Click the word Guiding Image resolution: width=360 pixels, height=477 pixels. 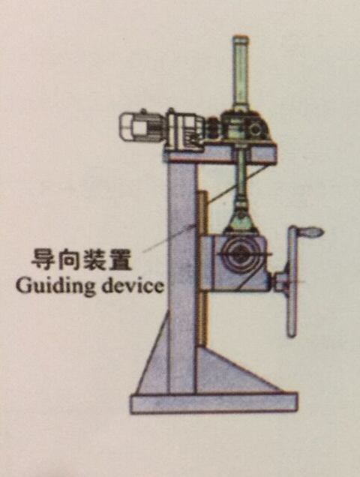(x=55, y=286)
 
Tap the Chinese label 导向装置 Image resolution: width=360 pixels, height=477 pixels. (x=82, y=259)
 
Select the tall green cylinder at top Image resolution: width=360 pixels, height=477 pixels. (x=241, y=72)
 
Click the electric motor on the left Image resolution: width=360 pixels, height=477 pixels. (x=141, y=127)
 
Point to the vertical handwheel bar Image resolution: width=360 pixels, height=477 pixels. (x=292, y=282)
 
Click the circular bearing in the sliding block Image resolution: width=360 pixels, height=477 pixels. (x=240, y=253)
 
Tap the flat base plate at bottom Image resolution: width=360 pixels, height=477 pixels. (x=214, y=403)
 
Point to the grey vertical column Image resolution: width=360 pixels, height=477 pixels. (x=182, y=274)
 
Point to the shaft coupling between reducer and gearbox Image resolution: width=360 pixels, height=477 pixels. (x=212, y=129)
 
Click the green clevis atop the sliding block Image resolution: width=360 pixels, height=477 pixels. (x=241, y=220)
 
